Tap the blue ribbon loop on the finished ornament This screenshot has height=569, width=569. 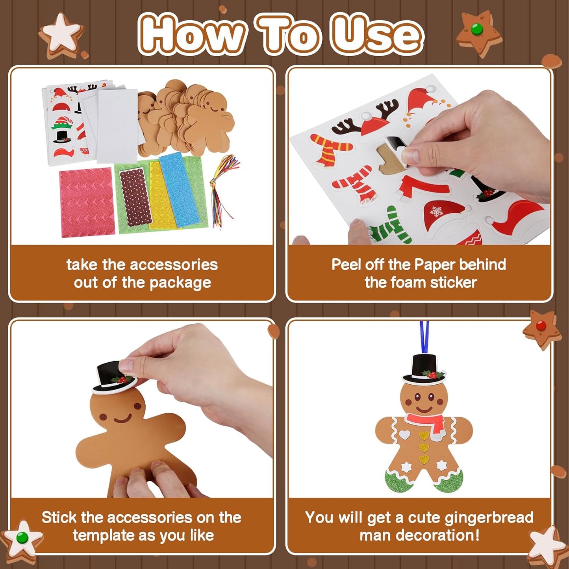[424, 337]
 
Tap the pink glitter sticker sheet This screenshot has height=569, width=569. [86, 202]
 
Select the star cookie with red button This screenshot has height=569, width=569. [542, 329]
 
